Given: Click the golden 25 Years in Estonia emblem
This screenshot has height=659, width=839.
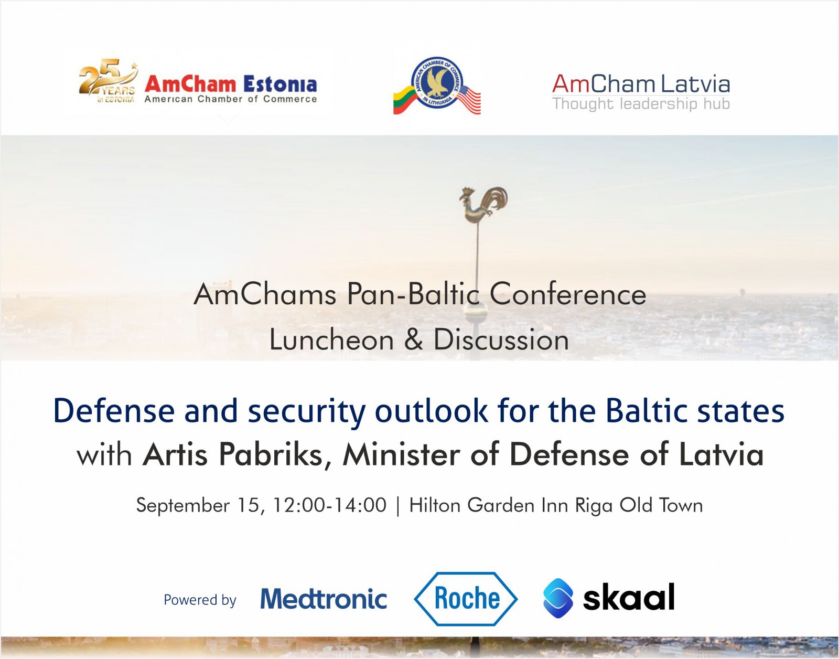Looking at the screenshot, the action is click(107, 81).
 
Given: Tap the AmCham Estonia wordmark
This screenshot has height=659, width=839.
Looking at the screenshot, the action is click(231, 84).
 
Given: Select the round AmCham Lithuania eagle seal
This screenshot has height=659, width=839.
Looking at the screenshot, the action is click(437, 82).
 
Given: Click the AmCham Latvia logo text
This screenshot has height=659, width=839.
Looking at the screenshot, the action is click(641, 84).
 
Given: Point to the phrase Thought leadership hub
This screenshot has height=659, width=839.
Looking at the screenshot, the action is click(641, 104).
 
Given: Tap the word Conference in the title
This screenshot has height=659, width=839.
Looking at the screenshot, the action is click(568, 295).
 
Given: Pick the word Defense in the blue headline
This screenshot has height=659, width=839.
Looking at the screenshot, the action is click(114, 411).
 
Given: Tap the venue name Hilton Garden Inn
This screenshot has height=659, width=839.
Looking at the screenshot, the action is click(490, 505).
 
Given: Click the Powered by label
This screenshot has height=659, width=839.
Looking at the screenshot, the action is click(200, 600).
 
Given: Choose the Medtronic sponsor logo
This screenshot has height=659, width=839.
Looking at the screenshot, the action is click(324, 599).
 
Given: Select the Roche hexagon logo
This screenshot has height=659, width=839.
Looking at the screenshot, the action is click(466, 599).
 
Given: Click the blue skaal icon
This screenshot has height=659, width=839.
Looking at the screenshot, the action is click(558, 598).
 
